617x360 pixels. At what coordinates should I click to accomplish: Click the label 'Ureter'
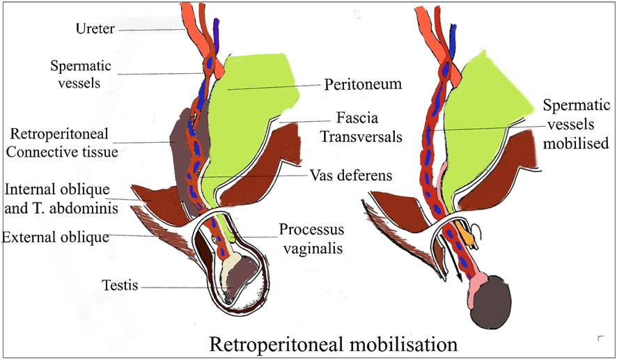(x=95, y=29)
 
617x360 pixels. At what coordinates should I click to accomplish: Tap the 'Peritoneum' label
(x=363, y=84)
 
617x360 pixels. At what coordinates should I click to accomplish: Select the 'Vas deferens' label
(x=351, y=175)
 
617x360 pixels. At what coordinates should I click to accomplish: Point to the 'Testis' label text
(x=120, y=285)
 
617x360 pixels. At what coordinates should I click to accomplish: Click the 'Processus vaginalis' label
(x=312, y=239)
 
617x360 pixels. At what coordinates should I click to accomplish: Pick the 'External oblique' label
(x=56, y=237)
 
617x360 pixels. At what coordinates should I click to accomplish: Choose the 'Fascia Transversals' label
(x=361, y=127)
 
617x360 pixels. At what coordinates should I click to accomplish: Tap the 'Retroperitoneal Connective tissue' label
(x=62, y=143)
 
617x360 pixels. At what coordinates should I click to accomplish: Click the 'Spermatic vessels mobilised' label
(x=576, y=125)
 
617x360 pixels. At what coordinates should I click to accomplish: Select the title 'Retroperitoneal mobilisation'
(x=334, y=344)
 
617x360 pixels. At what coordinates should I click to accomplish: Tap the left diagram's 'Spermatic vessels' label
(x=80, y=74)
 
